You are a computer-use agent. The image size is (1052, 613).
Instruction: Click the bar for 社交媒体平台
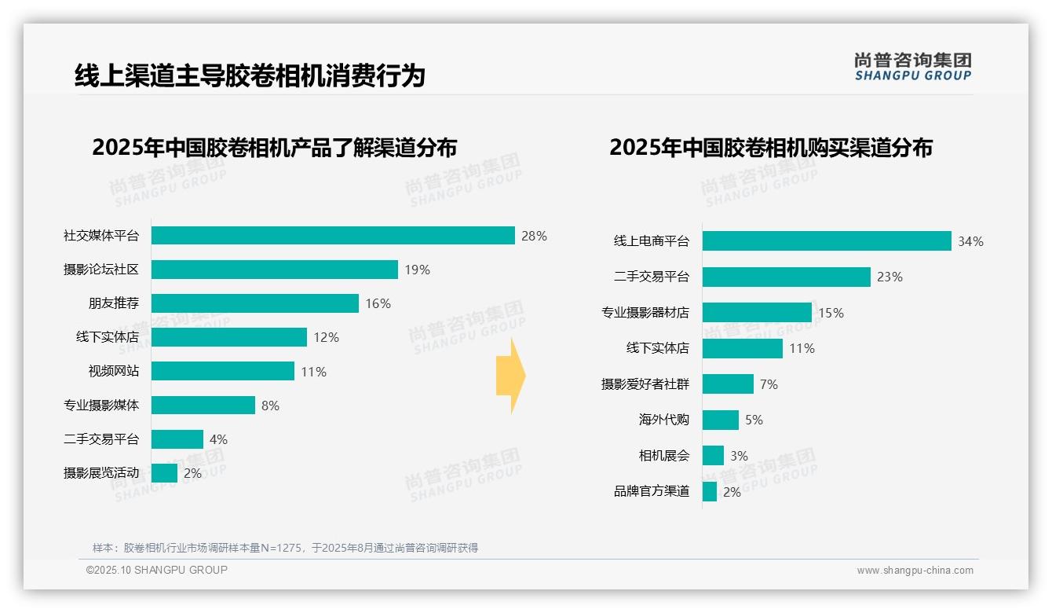[x=333, y=236]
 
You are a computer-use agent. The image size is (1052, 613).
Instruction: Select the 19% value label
[x=417, y=270]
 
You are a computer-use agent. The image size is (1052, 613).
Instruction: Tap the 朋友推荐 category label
[x=113, y=303]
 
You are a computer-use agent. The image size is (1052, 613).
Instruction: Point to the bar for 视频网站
[x=223, y=371]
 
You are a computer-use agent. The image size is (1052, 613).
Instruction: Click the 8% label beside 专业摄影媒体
[x=270, y=406]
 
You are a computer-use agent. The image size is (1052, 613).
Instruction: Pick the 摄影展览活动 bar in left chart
[x=164, y=473]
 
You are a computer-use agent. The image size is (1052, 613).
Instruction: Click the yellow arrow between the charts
[x=510, y=376]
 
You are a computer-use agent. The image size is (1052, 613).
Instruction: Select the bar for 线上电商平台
[x=827, y=241]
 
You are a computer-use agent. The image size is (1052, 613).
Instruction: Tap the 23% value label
[x=889, y=277]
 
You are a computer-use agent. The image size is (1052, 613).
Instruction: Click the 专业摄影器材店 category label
[x=645, y=313]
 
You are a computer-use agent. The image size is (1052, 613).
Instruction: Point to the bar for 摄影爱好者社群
[x=728, y=384]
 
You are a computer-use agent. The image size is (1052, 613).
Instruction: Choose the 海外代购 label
[x=663, y=420]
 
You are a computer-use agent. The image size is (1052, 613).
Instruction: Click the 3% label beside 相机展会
[x=739, y=456]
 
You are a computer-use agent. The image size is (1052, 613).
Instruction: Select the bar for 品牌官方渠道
[x=710, y=492]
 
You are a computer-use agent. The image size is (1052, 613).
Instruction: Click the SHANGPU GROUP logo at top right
[x=912, y=67]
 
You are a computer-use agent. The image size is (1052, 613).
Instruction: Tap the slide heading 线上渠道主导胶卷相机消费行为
[x=250, y=76]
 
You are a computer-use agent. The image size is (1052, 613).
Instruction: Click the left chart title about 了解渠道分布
[x=274, y=147]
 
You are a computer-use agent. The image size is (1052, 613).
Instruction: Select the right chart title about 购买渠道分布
[x=770, y=147]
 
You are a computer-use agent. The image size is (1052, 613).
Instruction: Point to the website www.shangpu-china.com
[x=915, y=571]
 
